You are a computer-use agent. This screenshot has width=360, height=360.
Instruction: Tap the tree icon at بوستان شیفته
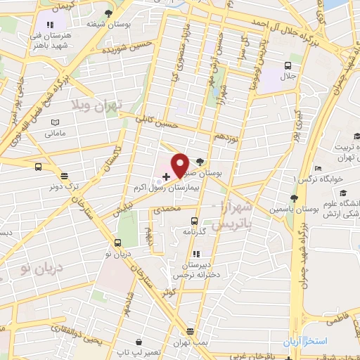[x=108, y=13]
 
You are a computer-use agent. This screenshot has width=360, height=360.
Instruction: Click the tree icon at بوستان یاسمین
[x=293, y=179]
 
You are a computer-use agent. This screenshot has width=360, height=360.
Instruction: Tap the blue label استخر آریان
[x=306, y=341]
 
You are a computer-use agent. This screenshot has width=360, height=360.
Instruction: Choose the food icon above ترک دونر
[x=65, y=176]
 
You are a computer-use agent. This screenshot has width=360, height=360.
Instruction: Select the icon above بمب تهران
[x=190, y=331]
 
